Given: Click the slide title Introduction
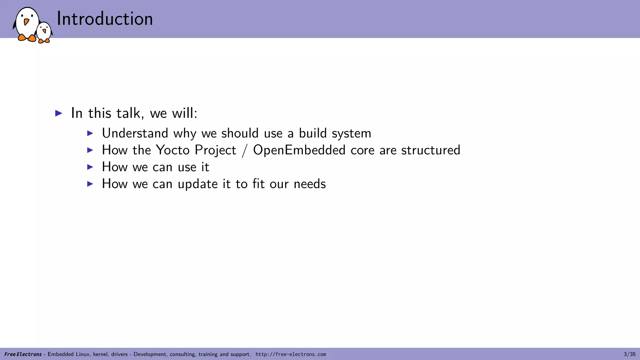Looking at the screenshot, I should pyautogui.click(x=105, y=19).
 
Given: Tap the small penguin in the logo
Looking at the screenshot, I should pyautogui.click(x=44, y=32).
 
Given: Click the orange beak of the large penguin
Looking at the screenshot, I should pyautogui.click(x=27, y=22).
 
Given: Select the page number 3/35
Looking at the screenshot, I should pyautogui.click(x=629, y=354).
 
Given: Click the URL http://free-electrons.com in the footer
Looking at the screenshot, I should pyautogui.click(x=291, y=354).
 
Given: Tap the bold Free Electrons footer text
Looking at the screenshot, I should pyautogui.click(x=23, y=354).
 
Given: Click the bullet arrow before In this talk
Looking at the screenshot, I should pyautogui.click(x=59, y=113).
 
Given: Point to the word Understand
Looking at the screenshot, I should pyautogui.click(x=135, y=133).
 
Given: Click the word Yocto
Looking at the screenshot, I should pyautogui.click(x=172, y=150).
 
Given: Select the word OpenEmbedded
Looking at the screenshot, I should pyautogui.click(x=299, y=150).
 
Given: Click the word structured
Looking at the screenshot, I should pyautogui.click(x=431, y=150).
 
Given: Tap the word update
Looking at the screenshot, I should pyautogui.click(x=197, y=184).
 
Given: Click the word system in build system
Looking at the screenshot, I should pyautogui.click(x=351, y=133).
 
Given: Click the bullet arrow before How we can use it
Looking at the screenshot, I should pyautogui.click(x=90, y=167).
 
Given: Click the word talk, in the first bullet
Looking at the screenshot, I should pyautogui.click(x=130, y=113).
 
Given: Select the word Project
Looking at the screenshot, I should pyautogui.click(x=215, y=150).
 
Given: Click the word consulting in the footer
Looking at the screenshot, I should pyautogui.click(x=183, y=354).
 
